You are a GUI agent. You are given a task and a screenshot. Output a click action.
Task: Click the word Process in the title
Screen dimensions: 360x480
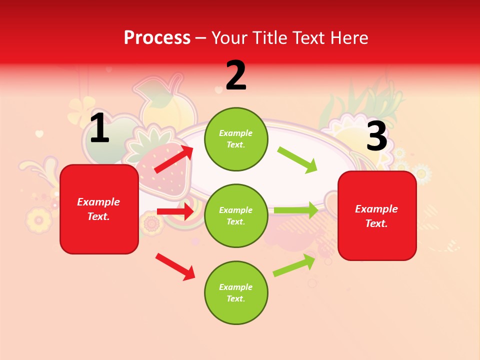[x=157, y=38]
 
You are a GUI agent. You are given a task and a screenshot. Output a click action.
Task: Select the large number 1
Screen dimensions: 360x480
[x=99, y=128]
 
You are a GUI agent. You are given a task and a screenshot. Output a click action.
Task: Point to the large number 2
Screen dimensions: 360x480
[x=236, y=75]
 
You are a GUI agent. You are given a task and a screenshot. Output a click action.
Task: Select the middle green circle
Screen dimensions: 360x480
[x=236, y=215]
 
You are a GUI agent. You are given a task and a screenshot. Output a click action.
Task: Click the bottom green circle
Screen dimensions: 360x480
[x=236, y=292]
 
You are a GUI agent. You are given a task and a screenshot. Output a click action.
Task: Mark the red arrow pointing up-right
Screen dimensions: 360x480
[x=174, y=159]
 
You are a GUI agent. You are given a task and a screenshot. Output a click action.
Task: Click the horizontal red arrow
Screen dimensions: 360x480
[x=175, y=211]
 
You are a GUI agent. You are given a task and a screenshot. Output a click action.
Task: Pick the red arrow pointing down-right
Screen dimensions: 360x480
[x=175, y=266]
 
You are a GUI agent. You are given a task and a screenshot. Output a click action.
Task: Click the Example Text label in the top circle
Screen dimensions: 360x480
[x=236, y=139]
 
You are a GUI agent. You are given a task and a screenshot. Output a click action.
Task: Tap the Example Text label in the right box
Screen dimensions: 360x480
[x=376, y=216]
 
